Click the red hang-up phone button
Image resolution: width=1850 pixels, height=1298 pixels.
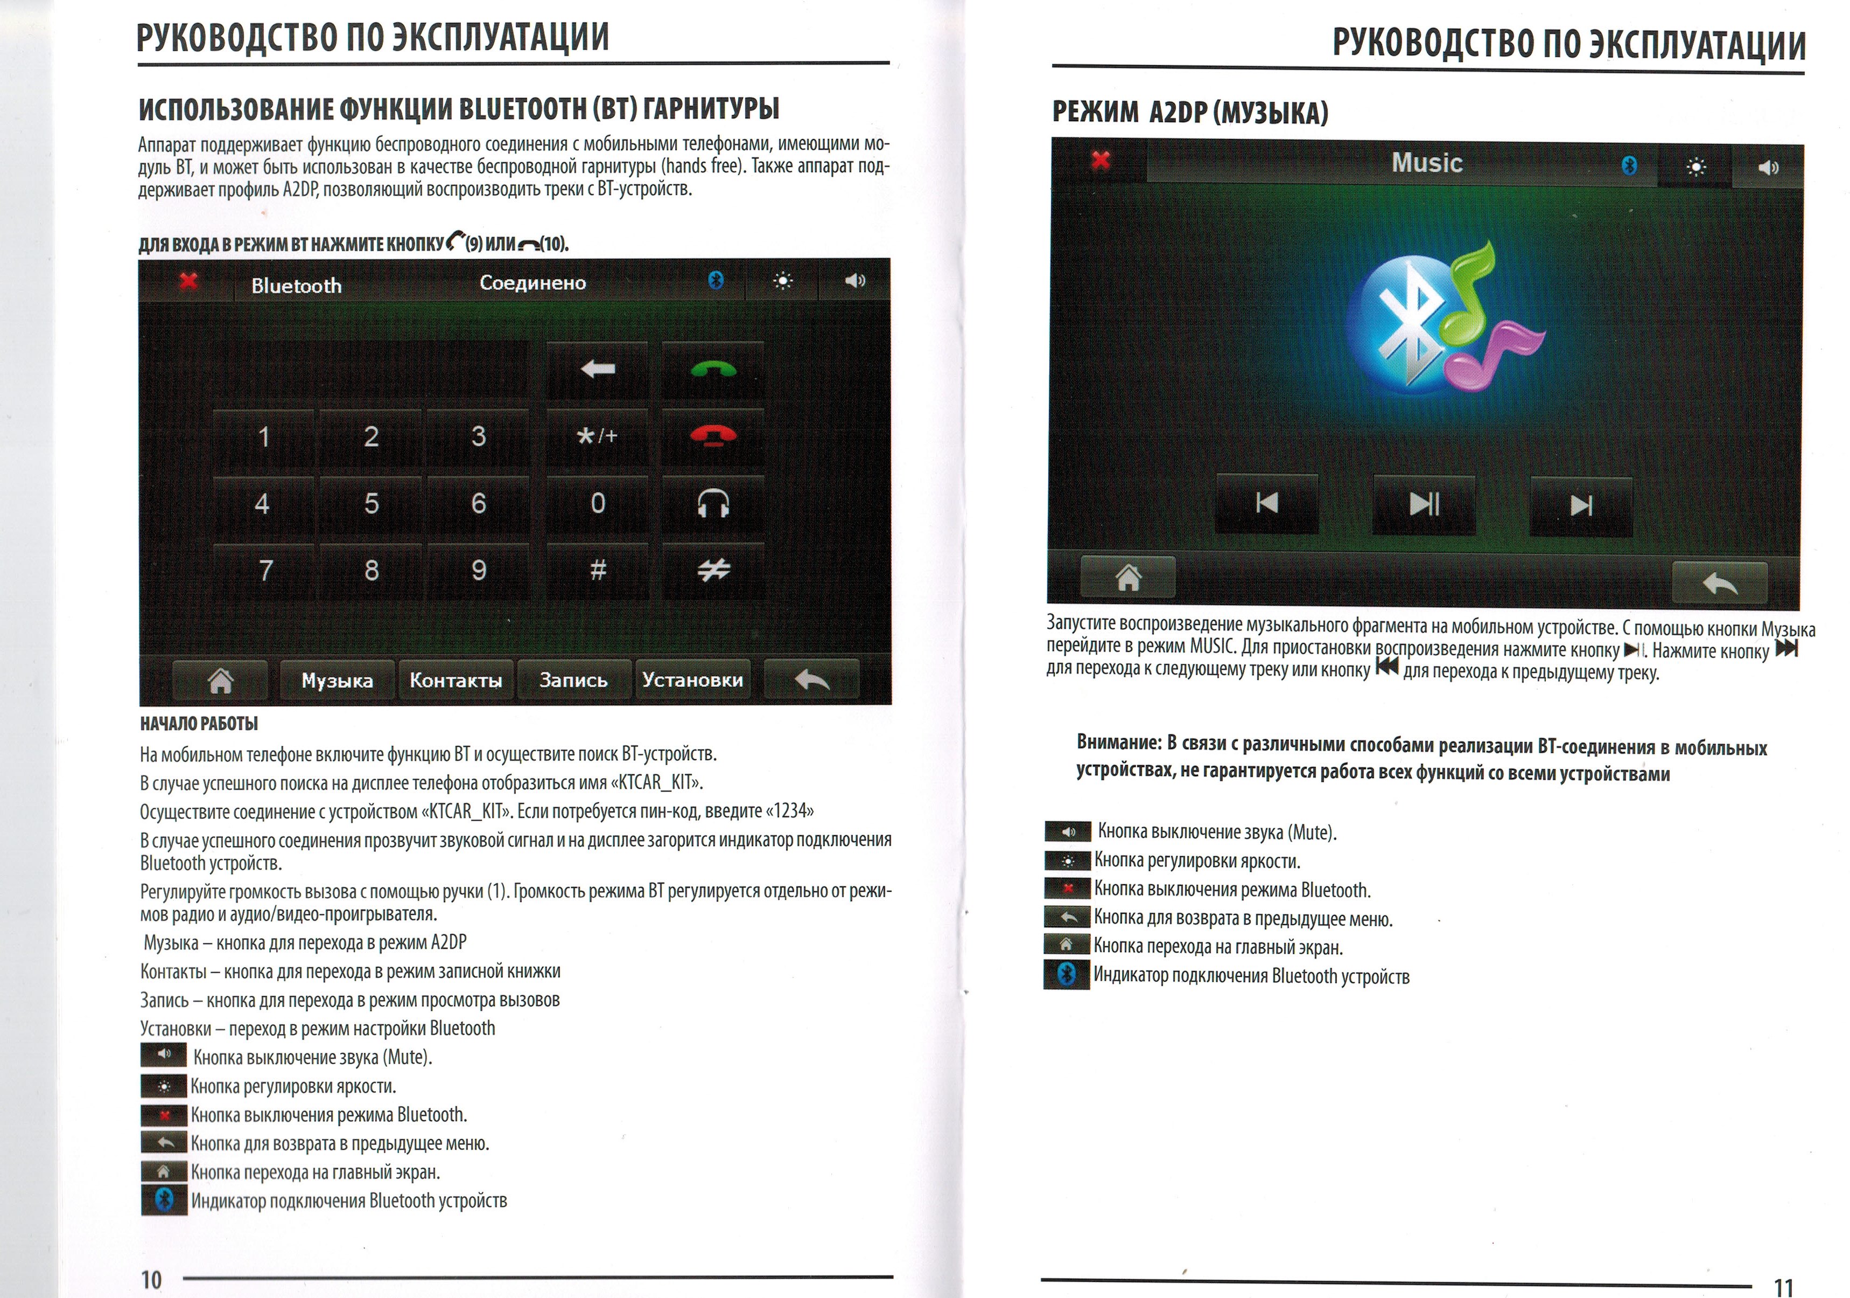pyautogui.click(x=713, y=436)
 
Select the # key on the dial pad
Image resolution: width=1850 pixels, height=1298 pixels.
pyautogui.click(x=597, y=570)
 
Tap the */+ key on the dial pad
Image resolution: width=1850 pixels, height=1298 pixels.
pyautogui.click(x=597, y=436)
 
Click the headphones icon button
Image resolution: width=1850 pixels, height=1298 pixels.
pyautogui.click(x=713, y=504)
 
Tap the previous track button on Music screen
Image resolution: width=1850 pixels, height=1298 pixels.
pyautogui.click(x=1267, y=504)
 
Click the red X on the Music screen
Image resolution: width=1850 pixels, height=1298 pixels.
pyautogui.click(x=1100, y=161)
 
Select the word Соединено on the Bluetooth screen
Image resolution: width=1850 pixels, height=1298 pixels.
pyautogui.click(x=532, y=283)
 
